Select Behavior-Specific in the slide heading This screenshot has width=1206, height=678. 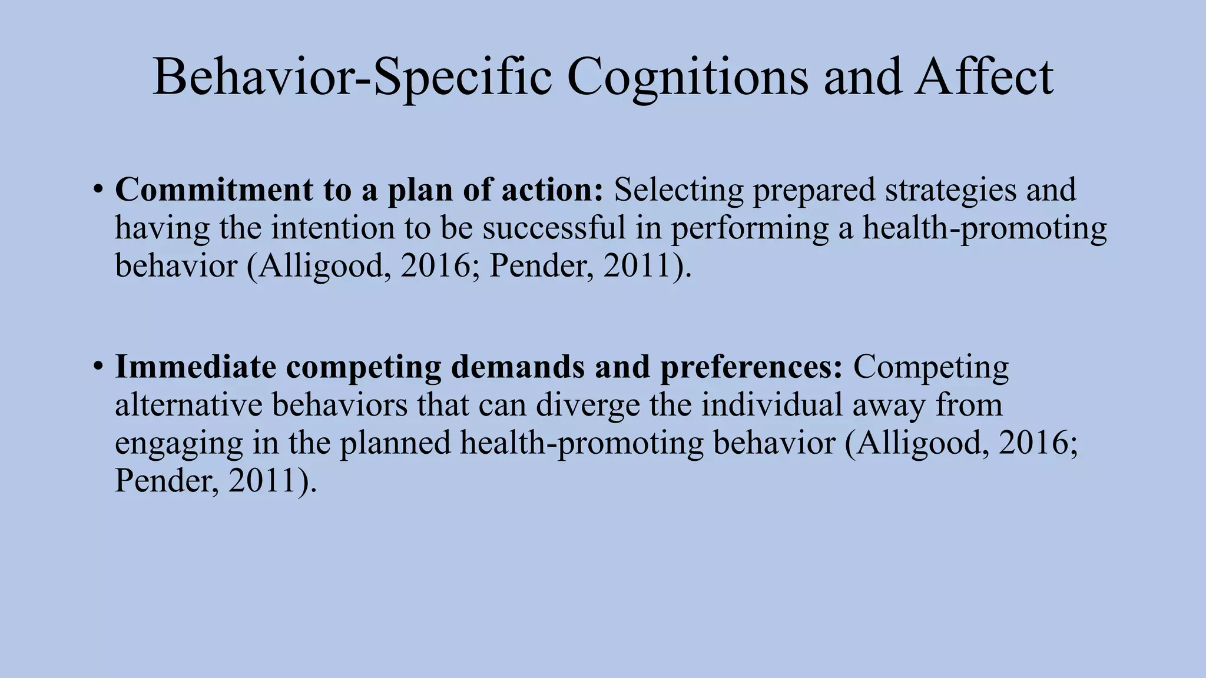coord(352,78)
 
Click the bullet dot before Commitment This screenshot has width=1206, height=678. coord(98,191)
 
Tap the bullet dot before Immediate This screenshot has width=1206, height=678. coord(98,367)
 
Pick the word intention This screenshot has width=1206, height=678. coord(333,228)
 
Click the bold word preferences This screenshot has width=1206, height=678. coord(751,367)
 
